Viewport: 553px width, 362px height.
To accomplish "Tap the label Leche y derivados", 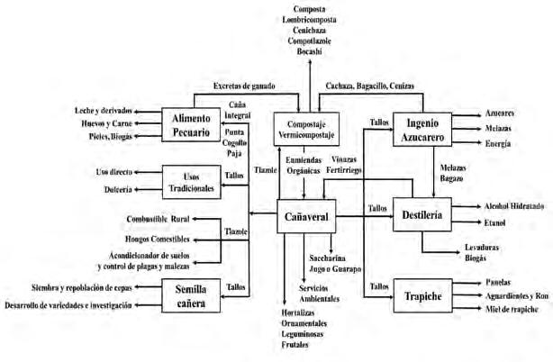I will coord(112,109).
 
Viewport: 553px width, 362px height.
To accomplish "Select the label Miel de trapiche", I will coord(498,309).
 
